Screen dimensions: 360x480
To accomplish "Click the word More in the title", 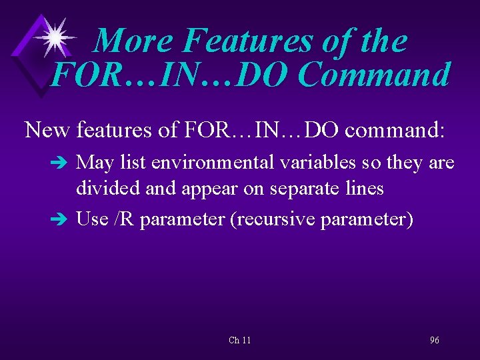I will tap(133, 41).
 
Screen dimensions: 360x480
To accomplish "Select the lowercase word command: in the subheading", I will tap(394, 129).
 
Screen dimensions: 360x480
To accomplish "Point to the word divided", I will tap(108, 189).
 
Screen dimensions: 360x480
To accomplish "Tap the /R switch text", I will tap(124, 218).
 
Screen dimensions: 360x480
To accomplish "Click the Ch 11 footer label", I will tap(239, 340).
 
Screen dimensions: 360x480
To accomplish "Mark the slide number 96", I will tap(434, 340).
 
